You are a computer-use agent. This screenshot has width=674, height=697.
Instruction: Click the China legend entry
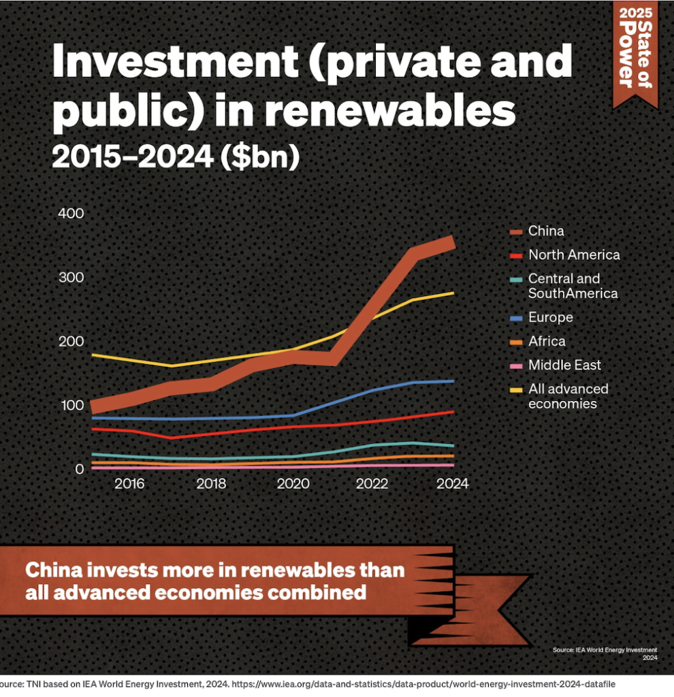(546, 231)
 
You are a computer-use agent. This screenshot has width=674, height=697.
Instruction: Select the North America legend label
(574, 255)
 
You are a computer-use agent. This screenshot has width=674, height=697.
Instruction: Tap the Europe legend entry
(550, 317)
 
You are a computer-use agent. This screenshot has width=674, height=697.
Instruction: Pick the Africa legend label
(547, 341)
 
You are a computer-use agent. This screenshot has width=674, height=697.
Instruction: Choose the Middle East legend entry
(564, 365)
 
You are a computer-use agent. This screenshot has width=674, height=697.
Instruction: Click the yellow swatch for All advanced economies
(516, 389)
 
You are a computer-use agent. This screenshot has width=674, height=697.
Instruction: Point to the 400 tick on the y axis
(70, 213)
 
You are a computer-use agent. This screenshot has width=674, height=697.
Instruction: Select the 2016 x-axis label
(129, 484)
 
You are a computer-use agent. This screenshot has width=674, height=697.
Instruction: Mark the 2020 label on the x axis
(292, 484)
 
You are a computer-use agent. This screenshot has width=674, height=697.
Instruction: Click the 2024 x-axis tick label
(453, 484)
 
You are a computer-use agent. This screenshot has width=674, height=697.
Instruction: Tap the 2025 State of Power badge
(635, 51)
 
